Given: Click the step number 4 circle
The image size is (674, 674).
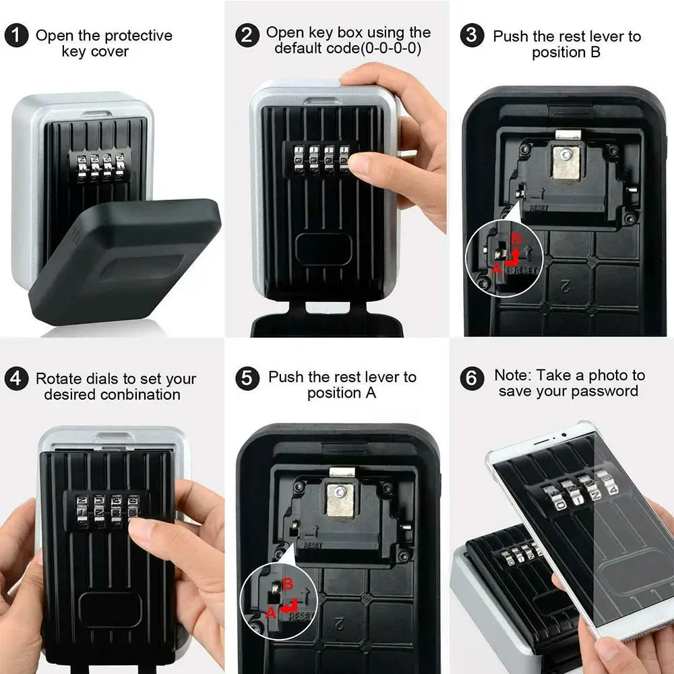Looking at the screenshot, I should (x=17, y=379).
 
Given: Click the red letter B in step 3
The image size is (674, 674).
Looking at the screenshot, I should (x=516, y=239).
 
